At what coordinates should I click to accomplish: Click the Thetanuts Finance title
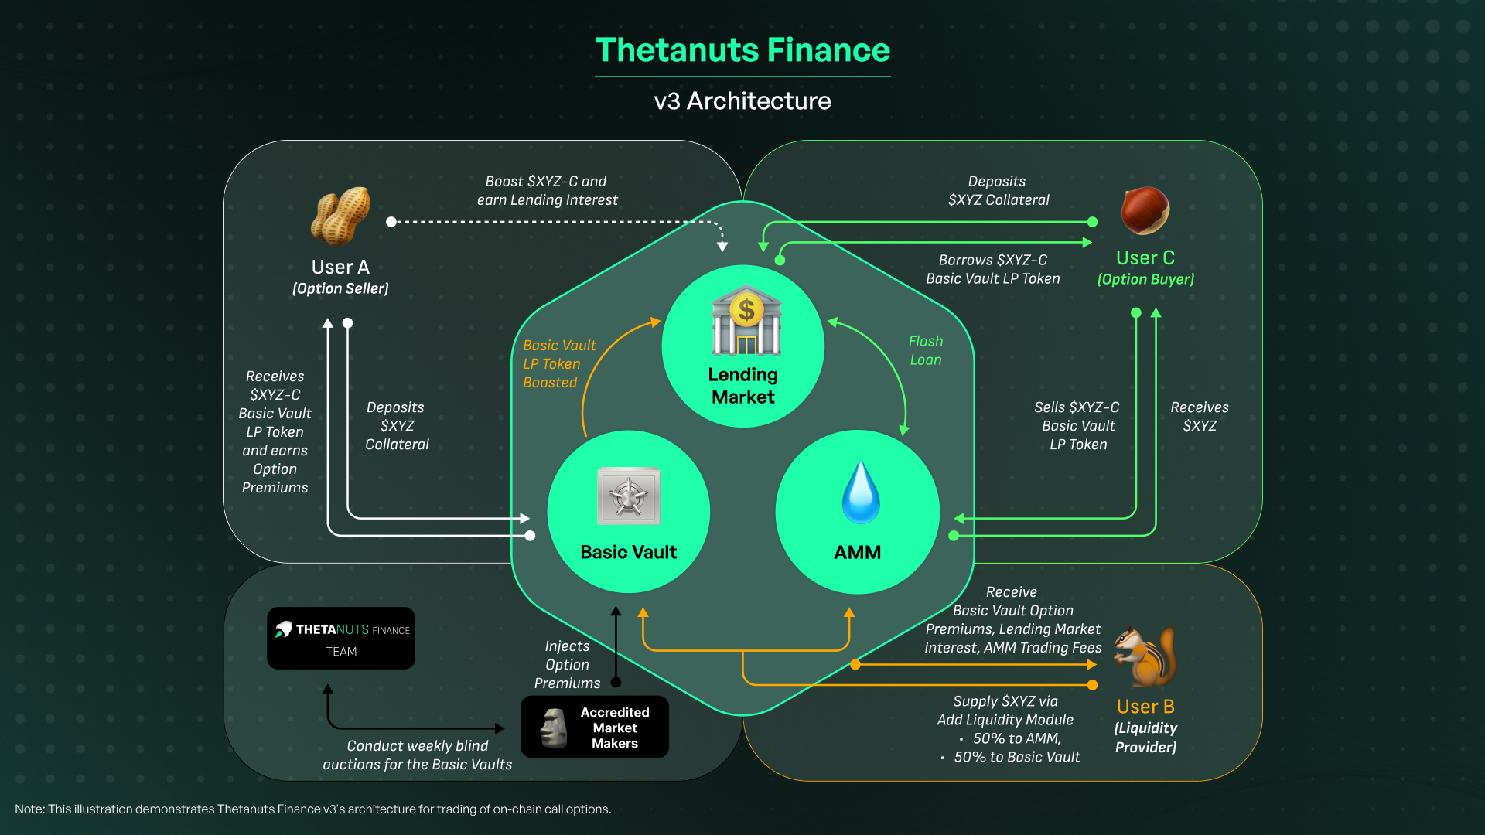tap(742, 50)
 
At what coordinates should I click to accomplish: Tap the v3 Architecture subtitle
tap(742, 101)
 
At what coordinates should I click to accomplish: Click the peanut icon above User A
tap(340, 216)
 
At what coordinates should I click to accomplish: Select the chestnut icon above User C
tap(1145, 210)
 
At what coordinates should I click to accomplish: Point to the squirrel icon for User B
tap(1145, 657)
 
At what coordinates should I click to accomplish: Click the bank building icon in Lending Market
tap(746, 320)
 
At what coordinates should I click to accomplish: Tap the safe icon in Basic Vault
tap(628, 496)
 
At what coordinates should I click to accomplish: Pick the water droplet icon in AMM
tap(860, 493)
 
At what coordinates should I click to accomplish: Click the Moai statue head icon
tap(553, 728)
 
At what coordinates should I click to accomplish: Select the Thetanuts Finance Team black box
tap(341, 639)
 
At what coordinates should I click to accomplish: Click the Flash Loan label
tap(926, 350)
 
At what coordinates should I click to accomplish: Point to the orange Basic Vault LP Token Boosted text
tap(558, 363)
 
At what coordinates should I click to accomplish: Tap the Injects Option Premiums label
tap(567, 664)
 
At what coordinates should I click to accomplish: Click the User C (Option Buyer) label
tap(1145, 268)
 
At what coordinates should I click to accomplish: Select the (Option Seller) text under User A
tap(340, 288)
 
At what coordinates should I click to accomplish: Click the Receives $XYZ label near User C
tap(1199, 416)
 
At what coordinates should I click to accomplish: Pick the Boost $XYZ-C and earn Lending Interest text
tap(547, 190)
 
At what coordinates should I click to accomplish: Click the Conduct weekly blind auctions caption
tap(418, 755)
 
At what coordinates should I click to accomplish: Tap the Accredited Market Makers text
tap(615, 728)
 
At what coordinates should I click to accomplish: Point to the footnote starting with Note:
tap(312, 809)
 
